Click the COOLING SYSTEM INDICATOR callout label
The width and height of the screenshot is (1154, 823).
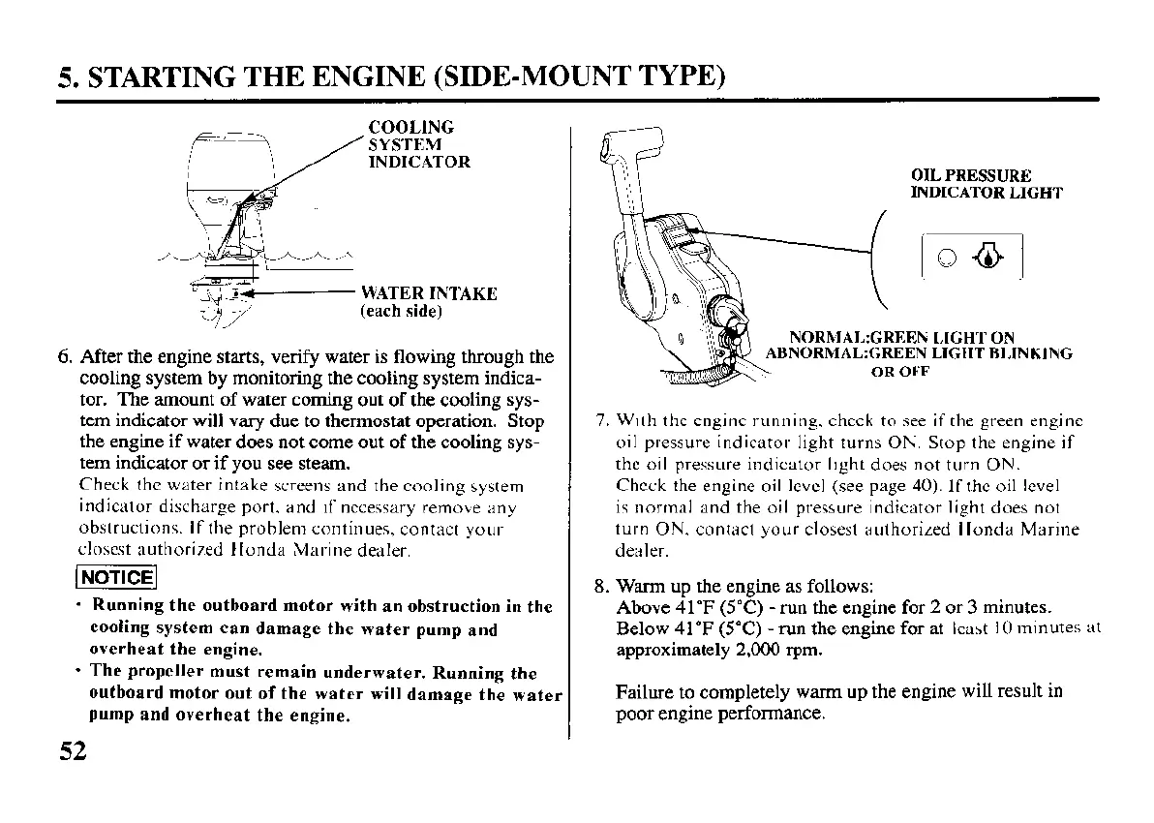tap(418, 144)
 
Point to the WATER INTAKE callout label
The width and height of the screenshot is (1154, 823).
tap(428, 293)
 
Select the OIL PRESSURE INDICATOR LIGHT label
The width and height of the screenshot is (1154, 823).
tap(986, 184)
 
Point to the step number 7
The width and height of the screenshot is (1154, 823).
tap(600, 421)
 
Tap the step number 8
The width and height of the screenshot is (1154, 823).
tap(599, 587)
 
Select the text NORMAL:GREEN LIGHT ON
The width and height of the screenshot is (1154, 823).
tap(901, 338)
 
